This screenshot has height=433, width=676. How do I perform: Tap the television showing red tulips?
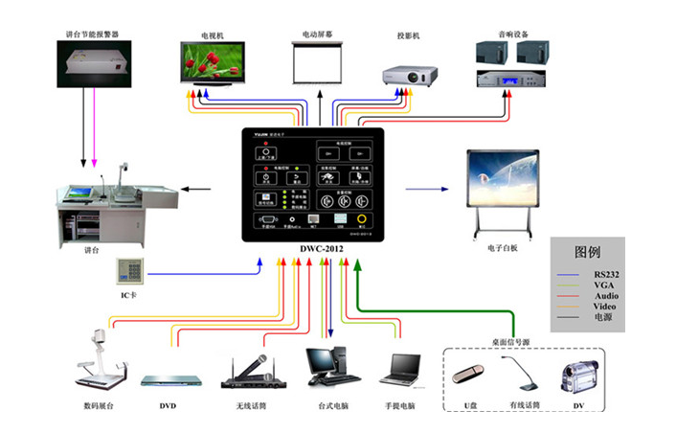point(213,63)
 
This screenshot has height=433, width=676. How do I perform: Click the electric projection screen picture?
point(317,67)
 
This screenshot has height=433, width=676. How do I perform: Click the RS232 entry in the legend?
point(599,273)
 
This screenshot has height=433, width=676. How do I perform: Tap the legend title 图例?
point(586,253)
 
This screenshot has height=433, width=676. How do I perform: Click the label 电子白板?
point(501,248)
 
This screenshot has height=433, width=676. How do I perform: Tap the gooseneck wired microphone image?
point(520,372)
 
